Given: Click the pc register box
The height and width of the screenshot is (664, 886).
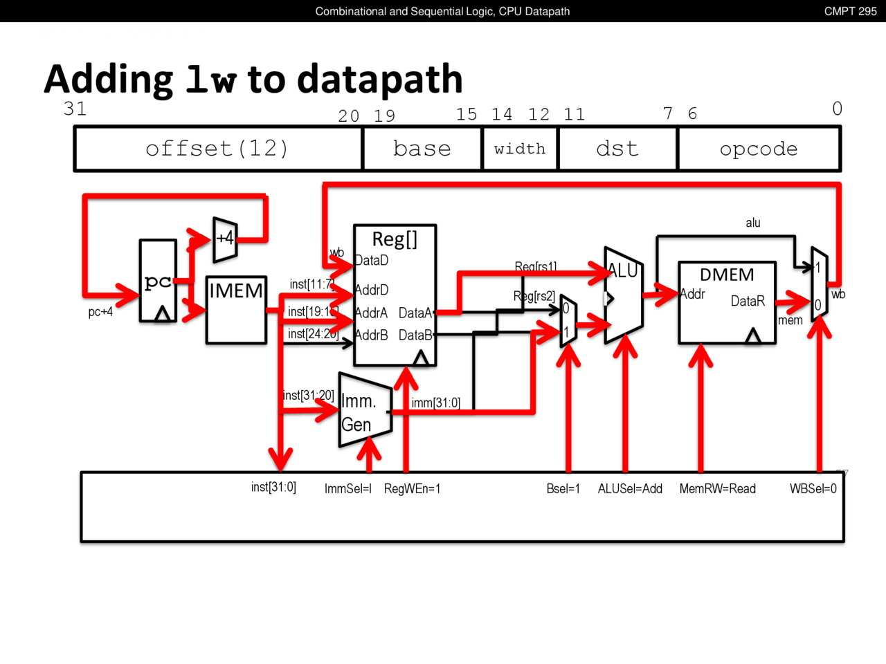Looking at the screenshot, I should click(158, 281).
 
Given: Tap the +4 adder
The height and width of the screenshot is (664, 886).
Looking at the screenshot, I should click(225, 239).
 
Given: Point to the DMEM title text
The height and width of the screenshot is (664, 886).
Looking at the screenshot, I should click(727, 275).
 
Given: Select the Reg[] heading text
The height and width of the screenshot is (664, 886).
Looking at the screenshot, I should click(395, 239).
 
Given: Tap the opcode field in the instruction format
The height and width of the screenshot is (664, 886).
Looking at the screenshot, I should click(759, 149).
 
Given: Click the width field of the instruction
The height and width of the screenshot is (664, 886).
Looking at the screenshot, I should click(520, 149).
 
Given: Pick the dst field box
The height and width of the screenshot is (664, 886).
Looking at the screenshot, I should click(617, 149).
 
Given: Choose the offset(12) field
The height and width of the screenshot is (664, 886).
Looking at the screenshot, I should click(217, 149).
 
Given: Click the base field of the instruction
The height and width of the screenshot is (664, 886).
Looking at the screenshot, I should click(422, 149).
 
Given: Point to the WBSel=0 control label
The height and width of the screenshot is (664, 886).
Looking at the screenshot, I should click(813, 489).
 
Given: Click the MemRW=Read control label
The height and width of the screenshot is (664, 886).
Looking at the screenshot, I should click(717, 489).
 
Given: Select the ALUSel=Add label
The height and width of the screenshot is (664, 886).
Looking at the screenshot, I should click(630, 489).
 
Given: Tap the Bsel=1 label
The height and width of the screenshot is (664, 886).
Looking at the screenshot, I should click(563, 489).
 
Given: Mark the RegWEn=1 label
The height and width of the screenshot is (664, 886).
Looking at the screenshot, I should click(412, 489).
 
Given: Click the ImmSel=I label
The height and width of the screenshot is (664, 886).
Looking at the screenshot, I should click(347, 489).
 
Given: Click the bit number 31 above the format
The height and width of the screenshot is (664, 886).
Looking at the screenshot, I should click(75, 109).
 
